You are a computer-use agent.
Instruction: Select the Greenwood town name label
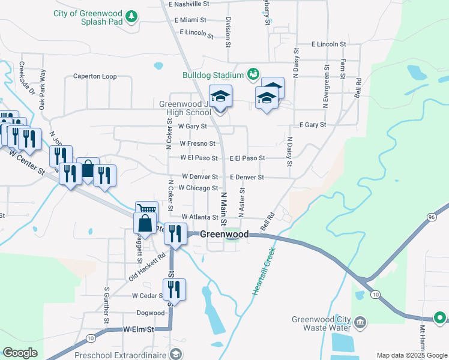[x=224, y=234]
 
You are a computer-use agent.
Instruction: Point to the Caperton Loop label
[x=95, y=76]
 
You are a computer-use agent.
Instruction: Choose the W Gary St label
[x=192, y=127]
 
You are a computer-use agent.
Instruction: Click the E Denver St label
[x=247, y=178]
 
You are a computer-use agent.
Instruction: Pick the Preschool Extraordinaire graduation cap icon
[x=175, y=355]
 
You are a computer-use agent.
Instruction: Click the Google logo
[x=20, y=353]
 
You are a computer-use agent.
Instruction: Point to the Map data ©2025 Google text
[x=411, y=355]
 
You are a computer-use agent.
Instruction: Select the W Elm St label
[x=139, y=329]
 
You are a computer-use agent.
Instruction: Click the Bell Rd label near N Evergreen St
[x=358, y=88]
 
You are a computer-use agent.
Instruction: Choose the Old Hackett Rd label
[x=146, y=266]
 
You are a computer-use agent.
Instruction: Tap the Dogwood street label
[x=150, y=313]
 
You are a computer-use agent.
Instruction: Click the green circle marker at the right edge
[x=440, y=317]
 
